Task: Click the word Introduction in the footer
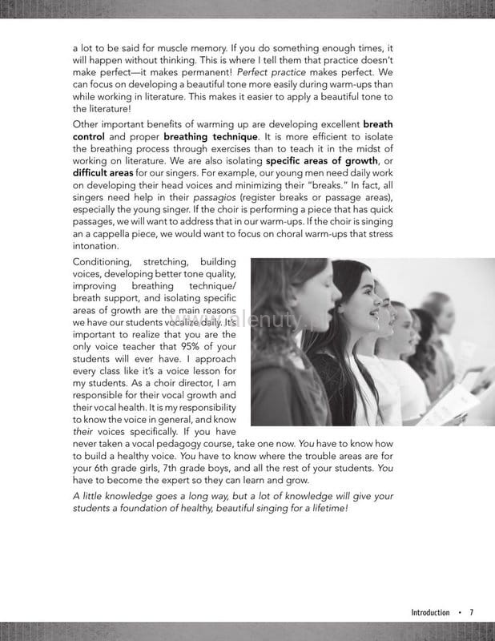tap(430, 613)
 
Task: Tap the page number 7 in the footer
tap(472, 613)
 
